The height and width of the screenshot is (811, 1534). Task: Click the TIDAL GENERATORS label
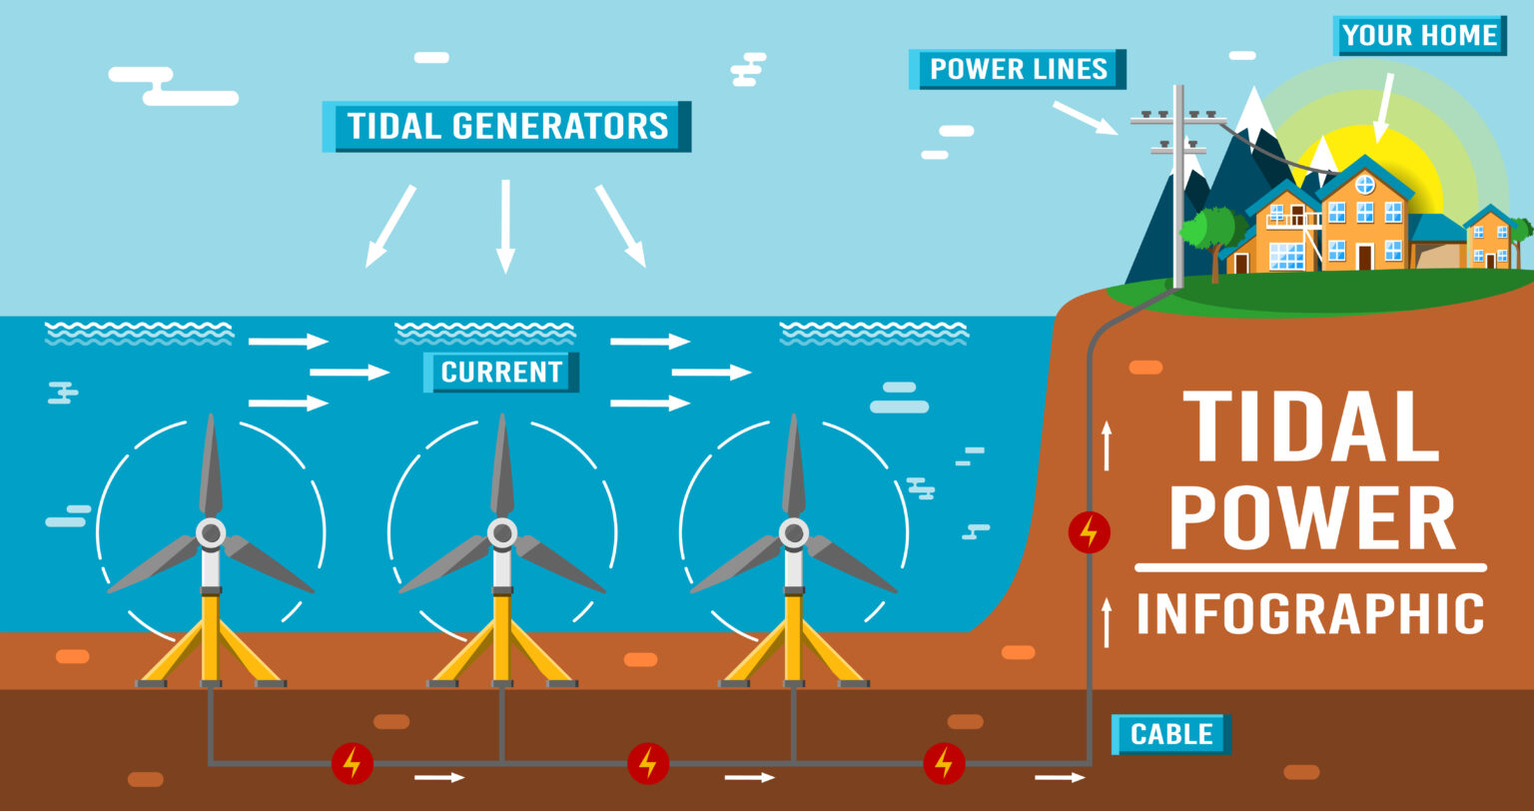(506, 127)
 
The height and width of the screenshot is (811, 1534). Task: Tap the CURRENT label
(501, 373)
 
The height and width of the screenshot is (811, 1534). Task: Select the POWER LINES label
(1018, 69)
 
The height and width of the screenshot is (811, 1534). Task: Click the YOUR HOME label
(1419, 36)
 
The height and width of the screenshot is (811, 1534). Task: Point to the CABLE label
(1170, 735)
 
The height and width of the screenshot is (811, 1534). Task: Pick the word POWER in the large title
(1311, 518)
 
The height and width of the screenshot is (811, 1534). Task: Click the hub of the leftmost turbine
(211, 533)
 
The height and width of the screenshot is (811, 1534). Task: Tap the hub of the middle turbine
(502, 533)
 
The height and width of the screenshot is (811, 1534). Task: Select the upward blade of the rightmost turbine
(794, 464)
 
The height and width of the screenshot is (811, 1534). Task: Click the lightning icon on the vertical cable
(1089, 531)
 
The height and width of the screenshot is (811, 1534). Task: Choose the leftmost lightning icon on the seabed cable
(352, 763)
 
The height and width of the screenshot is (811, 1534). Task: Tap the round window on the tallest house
(1365, 184)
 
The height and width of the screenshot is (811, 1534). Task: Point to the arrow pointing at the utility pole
(1085, 117)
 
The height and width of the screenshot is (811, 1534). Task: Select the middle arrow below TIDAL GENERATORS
(505, 226)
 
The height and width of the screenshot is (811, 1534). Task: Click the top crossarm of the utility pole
(1178, 120)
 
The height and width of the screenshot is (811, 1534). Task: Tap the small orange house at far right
(1489, 240)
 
